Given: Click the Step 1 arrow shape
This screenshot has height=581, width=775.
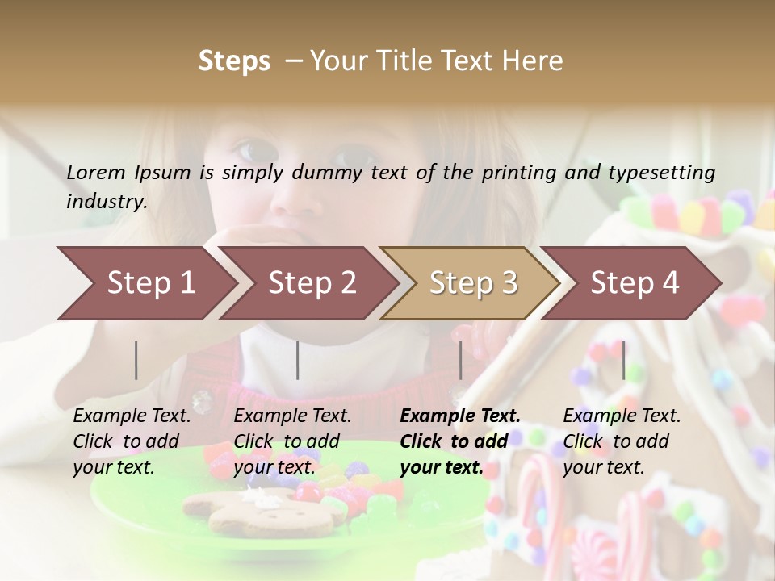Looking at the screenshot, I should (x=145, y=283).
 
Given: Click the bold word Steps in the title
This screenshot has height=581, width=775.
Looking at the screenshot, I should (x=234, y=61).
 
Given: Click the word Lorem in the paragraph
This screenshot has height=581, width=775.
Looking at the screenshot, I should (x=96, y=172).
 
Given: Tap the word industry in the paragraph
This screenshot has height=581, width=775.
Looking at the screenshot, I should (x=107, y=201).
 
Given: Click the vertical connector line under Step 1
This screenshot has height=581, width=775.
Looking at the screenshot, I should (x=136, y=360).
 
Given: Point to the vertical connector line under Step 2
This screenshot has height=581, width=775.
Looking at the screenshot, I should (x=298, y=360).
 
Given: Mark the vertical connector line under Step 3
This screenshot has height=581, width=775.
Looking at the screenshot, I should (x=461, y=360).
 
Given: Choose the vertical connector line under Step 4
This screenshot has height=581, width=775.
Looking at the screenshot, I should (x=624, y=360).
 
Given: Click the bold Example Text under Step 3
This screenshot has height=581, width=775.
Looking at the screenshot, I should (x=460, y=416).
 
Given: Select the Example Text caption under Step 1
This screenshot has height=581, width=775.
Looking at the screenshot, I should (x=132, y=416).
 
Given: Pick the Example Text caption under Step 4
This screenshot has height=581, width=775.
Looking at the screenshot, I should (x=622, y=416).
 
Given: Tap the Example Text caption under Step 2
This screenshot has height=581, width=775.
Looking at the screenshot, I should (x=292, y=416).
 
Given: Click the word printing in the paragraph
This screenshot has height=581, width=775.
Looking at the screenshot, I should (x=512, y=172).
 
